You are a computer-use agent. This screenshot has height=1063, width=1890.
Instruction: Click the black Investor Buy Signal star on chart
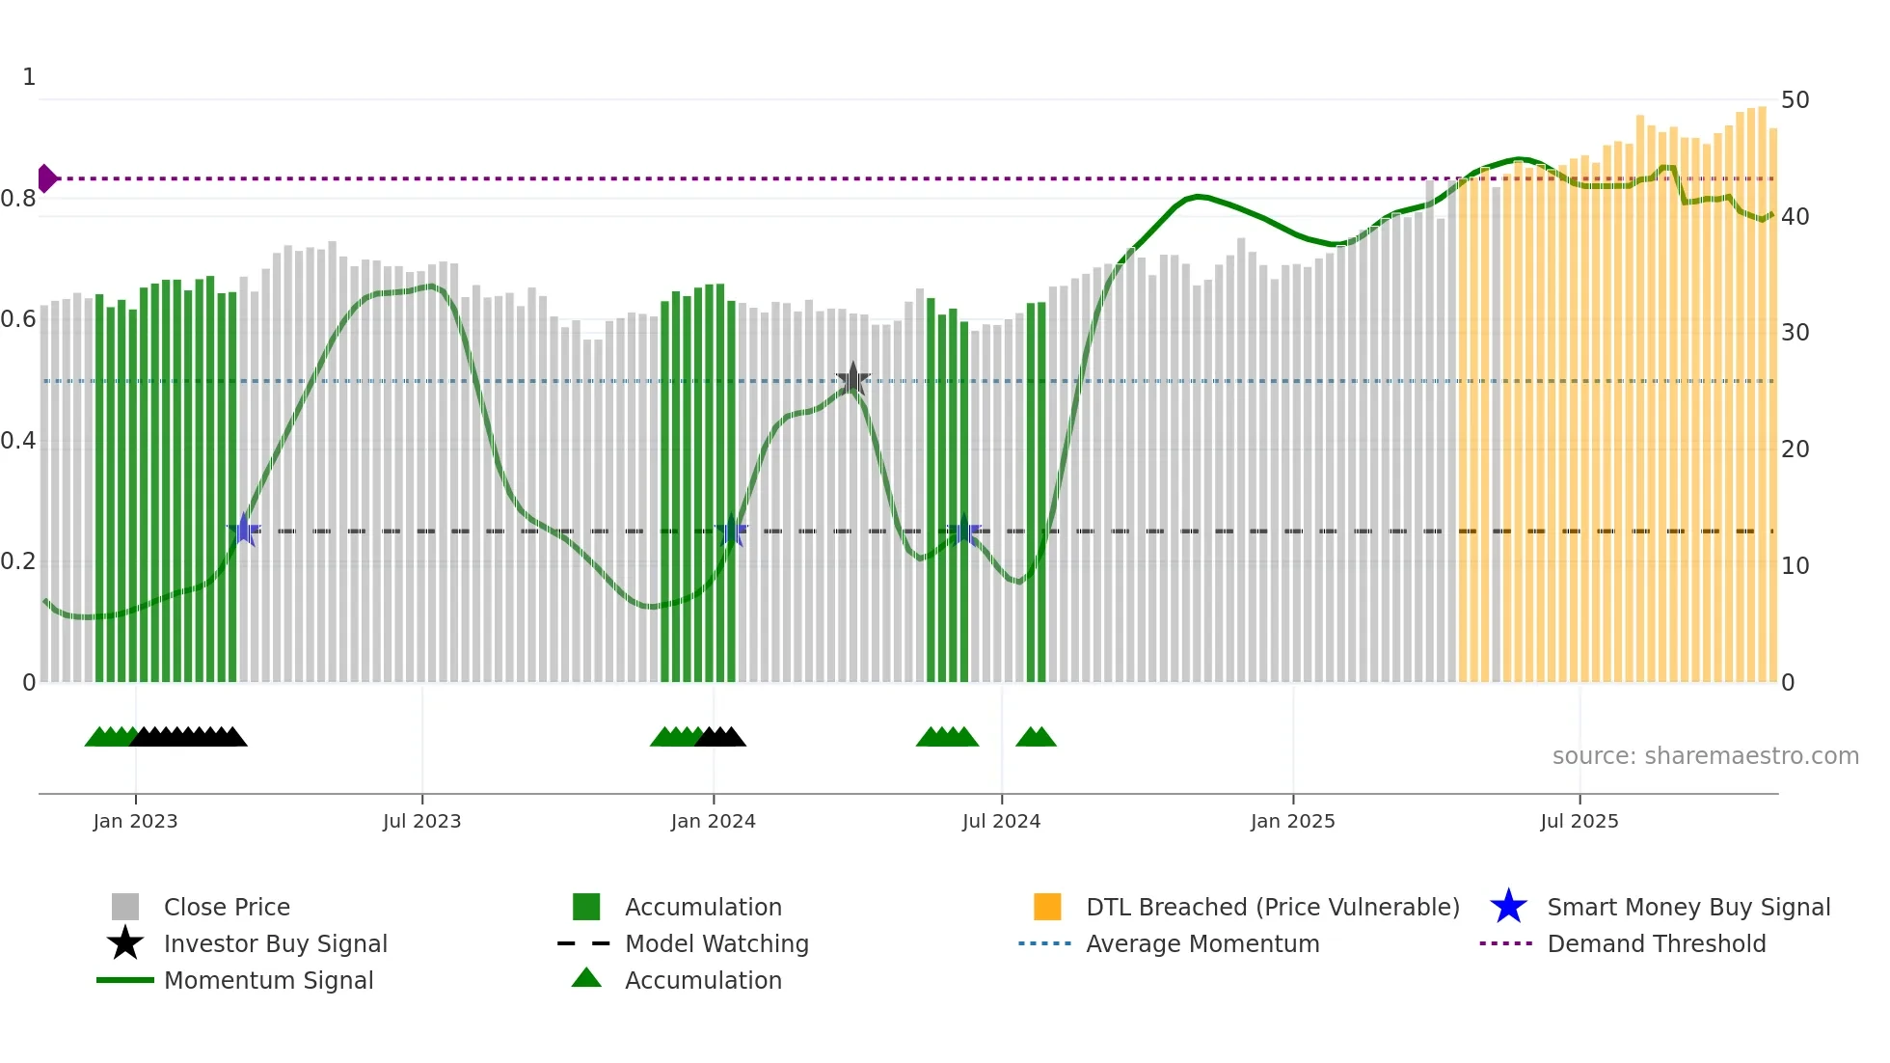852,380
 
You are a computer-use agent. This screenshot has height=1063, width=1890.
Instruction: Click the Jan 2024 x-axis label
713,821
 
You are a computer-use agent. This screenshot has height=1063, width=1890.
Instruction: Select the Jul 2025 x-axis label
1579,821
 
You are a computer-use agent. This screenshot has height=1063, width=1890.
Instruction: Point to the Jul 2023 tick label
421,821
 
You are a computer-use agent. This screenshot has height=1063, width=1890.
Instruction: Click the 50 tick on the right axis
1795,100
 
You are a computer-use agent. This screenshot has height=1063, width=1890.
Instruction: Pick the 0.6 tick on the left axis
18,319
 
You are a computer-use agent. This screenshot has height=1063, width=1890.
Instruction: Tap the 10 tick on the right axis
1795,566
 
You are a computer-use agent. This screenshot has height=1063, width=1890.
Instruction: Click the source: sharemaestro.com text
1705,756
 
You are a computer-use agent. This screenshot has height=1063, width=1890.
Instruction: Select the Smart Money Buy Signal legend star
1508,907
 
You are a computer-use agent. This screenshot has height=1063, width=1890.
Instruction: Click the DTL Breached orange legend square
1047,907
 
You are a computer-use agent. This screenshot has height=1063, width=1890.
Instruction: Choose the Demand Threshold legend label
1656,943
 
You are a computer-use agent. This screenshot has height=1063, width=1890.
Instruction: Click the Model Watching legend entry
715,943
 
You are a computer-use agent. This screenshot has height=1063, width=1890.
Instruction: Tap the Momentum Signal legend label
268,980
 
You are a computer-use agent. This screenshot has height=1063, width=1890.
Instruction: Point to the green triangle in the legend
586,978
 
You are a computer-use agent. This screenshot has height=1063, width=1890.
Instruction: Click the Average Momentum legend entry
1201,943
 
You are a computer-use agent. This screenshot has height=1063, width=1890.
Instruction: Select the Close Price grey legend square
125,907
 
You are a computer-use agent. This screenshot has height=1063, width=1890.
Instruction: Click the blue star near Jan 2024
732,531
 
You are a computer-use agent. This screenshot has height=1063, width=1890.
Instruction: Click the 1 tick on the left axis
29,77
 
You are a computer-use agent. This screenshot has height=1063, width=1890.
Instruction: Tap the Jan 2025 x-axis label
1292,821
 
